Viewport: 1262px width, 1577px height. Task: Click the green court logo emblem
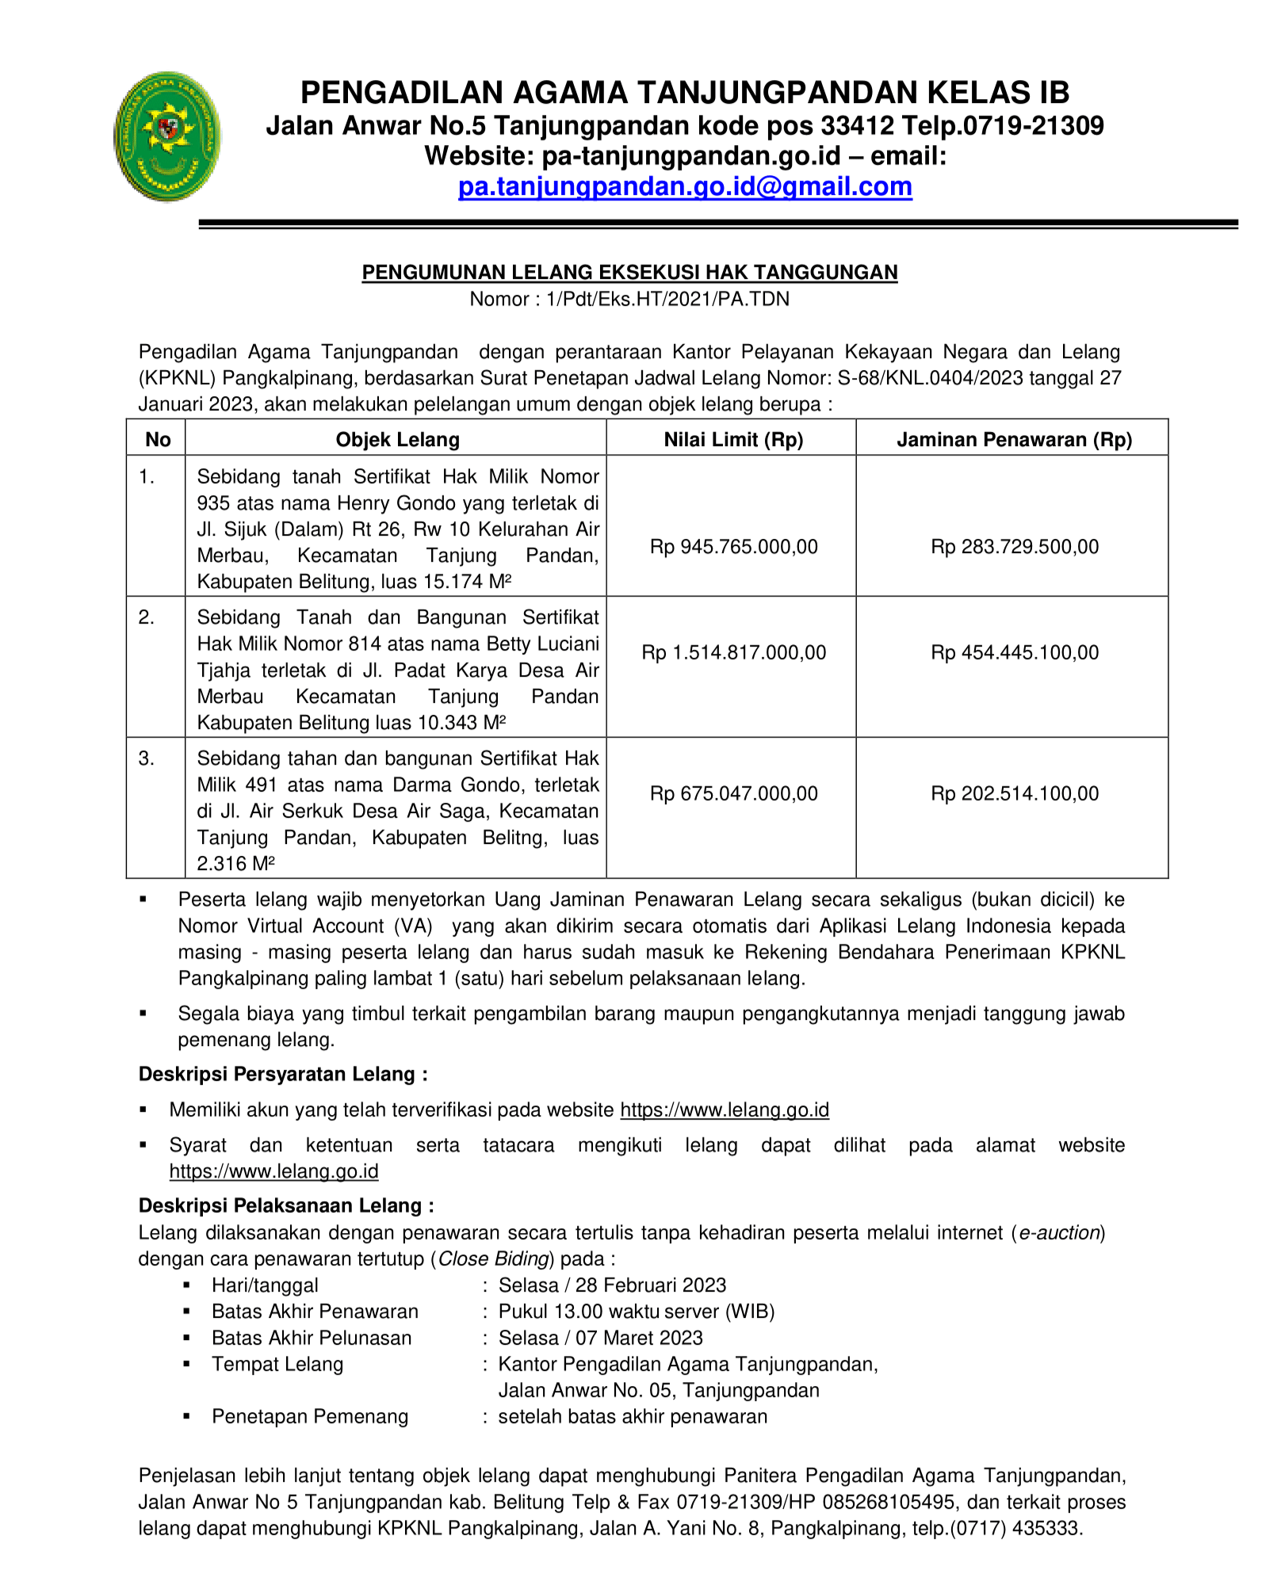click(x=166, y=136)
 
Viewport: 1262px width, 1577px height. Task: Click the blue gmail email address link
click(x=685, y=187)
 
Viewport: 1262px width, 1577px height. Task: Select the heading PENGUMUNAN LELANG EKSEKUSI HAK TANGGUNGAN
click(x=629, y=273)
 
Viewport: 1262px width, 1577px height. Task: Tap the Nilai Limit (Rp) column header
click(x=733, y=440)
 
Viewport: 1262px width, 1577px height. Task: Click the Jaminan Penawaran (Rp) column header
click(x=1014, y=440)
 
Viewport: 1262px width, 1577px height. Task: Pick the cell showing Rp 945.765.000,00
click(x=733, y=547)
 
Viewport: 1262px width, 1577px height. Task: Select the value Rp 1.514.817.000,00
click(x=733, y=653)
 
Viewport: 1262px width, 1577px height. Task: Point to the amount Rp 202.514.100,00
click(x=1014, y=794)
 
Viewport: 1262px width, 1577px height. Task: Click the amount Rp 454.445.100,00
click(x=1014, y=653)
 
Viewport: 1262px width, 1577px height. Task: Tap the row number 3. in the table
click(x=147, y=759)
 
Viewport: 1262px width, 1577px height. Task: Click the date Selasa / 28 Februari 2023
click(x=612, y=1285)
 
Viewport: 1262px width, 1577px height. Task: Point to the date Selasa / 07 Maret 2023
click(x=600, y=1338)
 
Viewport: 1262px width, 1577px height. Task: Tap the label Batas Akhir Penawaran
click(x=315, y=1312)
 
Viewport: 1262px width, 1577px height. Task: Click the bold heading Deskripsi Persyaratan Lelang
click(x=282, y=1075)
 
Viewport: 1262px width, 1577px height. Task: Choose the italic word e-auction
click(x=1059, y=1233)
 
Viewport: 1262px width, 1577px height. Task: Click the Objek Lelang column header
click(x=397, y=440)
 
